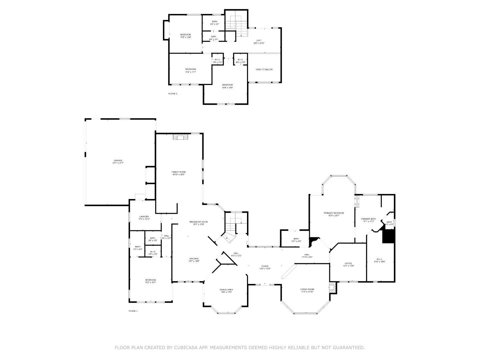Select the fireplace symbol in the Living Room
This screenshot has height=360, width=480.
[x=332, y=288]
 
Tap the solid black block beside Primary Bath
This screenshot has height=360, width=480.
[x=388, y=236]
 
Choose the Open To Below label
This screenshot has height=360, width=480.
[x=264, y=69]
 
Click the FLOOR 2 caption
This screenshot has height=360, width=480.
[x=173, y=94]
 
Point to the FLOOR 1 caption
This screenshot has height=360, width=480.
[x=133, y=311]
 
